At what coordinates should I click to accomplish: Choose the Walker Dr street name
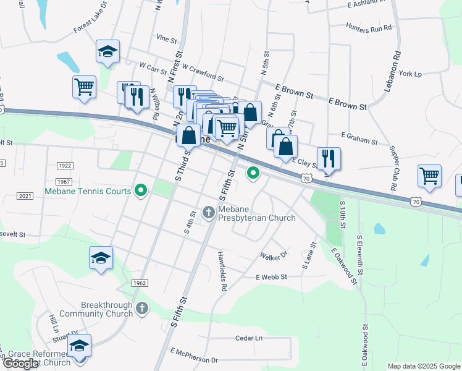click(x=274, y=255)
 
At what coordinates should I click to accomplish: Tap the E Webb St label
click(x=271, y=277)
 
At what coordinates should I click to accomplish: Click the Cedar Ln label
click(x=249, y=338)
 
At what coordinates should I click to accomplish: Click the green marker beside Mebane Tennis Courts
click(x=140, y=191)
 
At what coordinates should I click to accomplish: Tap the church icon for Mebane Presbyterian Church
click(x=209, y=213)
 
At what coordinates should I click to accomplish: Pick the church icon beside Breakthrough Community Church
click(x=142, y=308)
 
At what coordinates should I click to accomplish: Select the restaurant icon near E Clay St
click(x=329, y=158)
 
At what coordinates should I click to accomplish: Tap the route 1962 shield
click(x=140, y=283)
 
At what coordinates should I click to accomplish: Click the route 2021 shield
click(x=25, y=196)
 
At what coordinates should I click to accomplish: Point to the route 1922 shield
click(x=64, y=166)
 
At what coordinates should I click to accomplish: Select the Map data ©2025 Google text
click(x=423, y=366)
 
